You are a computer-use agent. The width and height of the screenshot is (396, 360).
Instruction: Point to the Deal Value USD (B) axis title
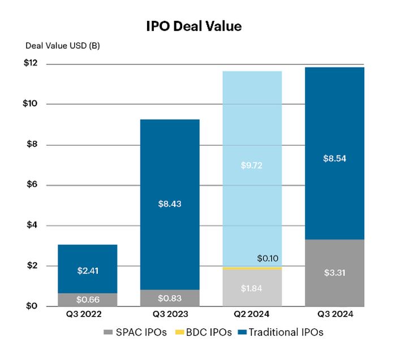pyautogui.click(x=62, y=46)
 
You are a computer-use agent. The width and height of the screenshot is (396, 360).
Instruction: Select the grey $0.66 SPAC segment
pyautogui.click(x=87, y=300)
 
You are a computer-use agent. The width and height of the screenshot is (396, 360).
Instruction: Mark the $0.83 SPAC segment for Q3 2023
pyautogui.click(x=170, y=298)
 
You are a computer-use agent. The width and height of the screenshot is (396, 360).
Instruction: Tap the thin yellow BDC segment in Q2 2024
pyautogui.click(x=252, y=268)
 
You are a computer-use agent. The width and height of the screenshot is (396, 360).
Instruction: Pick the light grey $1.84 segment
pyautogui.click(x=252, y=288)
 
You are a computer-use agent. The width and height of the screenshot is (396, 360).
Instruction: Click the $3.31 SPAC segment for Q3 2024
pyautogui.click(x=334, y=273)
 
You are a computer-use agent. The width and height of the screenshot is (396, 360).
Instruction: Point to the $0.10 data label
pyautogui.click(x=268, y=259)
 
